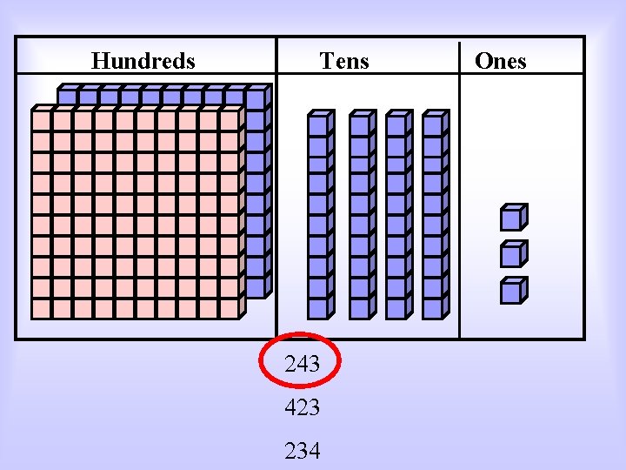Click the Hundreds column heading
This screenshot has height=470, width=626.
click(143, 61)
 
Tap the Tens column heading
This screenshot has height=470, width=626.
click(344, 61)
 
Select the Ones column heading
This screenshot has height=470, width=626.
click(500, 61)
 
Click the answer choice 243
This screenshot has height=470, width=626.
click(303, 365)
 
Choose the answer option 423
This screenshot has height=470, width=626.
click(303, 407)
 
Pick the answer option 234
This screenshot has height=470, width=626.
click(303, 451)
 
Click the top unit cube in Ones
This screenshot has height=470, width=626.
click(512, 217)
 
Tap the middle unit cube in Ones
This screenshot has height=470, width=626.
click(512, 254)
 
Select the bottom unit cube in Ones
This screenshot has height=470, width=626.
click(512, 291)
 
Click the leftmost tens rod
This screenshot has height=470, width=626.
click(319, 215)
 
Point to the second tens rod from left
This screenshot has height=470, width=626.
click(360, 215)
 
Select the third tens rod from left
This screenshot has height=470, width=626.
click(397, 215)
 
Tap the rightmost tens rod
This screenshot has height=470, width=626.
click(434, 215)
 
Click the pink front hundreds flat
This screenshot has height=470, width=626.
click(135, 213)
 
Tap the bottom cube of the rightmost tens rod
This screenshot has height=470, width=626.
click(432, 307)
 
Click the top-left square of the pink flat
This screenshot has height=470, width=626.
click(42, 119)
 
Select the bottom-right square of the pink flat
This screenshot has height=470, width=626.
click(229, 308)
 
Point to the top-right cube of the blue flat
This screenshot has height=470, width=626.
click(255, 98)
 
